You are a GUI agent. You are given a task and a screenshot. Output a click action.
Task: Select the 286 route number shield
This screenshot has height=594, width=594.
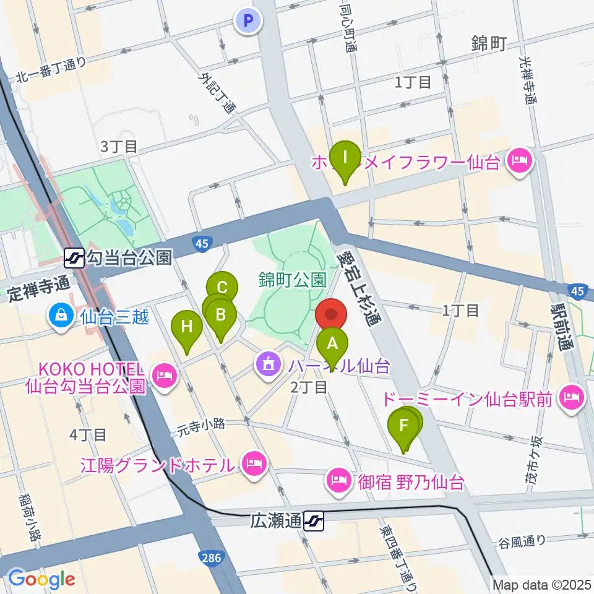click(x=210, y=558)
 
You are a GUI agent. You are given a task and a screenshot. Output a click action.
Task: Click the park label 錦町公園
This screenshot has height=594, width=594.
click(x=293, y=280)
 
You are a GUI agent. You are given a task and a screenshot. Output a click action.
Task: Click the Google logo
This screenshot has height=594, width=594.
click(x=41, y=579)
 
